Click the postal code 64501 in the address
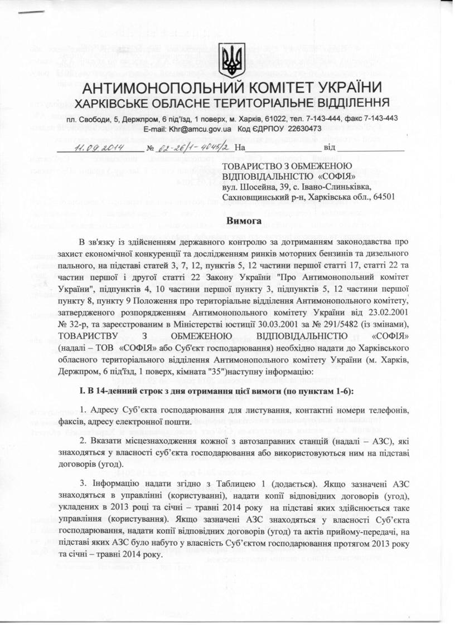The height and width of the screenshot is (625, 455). (x=381, y=197)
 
